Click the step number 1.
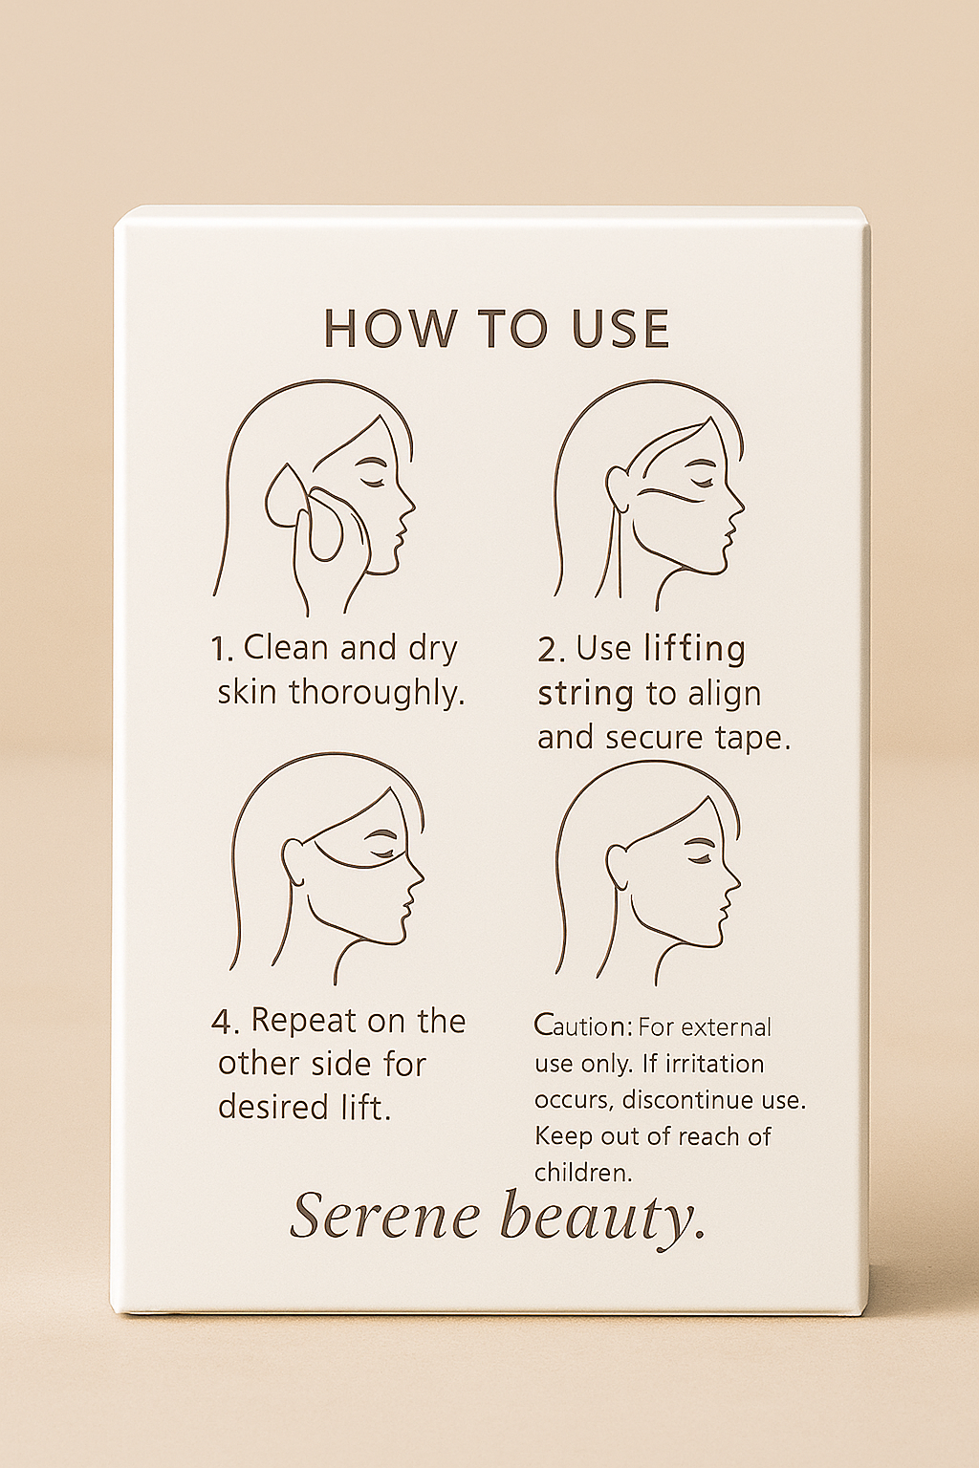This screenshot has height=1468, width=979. pyautogui.click(x=221, y=650)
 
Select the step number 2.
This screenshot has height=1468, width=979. pyautogui.click(x=552, y=650)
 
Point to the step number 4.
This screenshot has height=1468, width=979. pyautogui.click(x=225, y=1023)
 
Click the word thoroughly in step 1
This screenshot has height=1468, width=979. pyautogui.click(x=373, y=694)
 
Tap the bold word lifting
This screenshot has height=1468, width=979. pyautogui.click(x=695, y=651)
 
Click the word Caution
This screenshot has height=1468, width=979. pyautogui.click(x=583, y=1026)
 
